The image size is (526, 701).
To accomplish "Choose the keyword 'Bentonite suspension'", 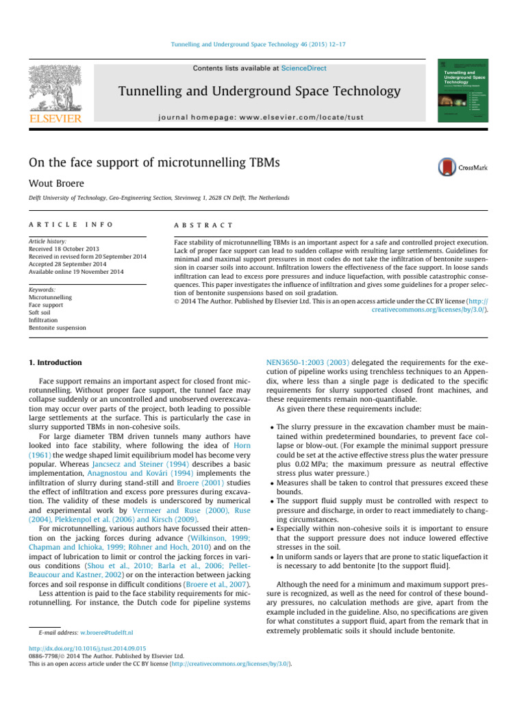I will click(x=58, y=328).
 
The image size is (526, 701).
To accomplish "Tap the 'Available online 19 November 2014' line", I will click(x=75, y=272).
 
